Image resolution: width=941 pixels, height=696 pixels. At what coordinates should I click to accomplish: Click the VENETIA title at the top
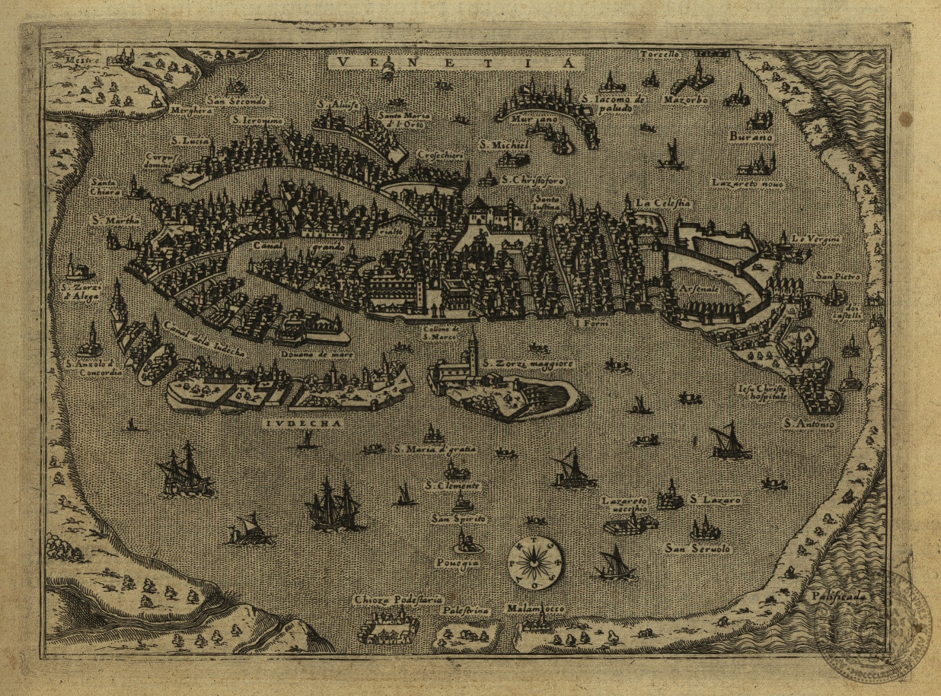pos(455,62)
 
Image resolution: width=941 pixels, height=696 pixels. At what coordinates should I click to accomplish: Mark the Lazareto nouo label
pos(748,183)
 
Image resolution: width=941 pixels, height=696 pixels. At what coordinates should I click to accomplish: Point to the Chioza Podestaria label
pos(398,600)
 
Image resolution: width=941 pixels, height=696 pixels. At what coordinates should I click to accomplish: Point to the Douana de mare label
pos(319,354)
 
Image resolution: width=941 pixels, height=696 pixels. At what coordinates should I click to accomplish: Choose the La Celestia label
pos(663,203)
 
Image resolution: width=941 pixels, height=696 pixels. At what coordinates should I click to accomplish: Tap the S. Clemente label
pos(453,485)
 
